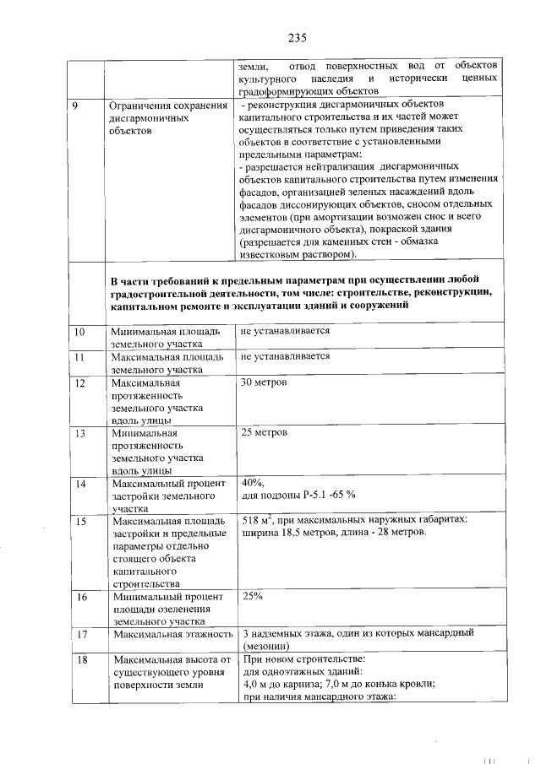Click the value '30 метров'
[264, 382]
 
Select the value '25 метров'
[264, 433]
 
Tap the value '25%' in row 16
[252, 597]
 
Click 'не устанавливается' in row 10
[285, 331]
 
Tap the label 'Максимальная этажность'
[172, 634]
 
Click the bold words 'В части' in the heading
[131, 280]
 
